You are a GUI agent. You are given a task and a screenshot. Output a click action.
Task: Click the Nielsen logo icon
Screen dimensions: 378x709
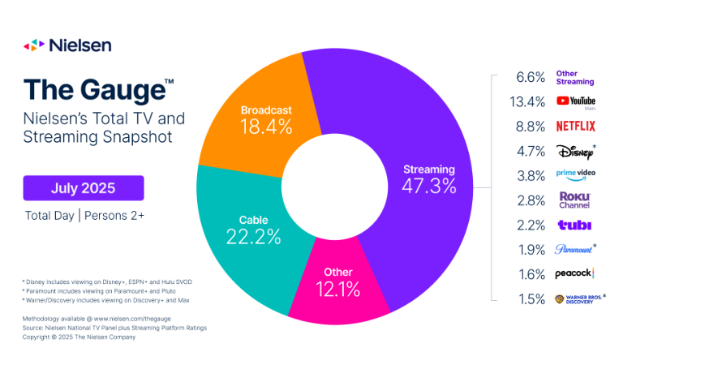coord(33,45)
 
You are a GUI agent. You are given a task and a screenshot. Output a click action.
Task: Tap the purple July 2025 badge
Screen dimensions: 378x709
coord(84,188)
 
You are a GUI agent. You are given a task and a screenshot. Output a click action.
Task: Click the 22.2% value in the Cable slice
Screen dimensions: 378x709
coord(254,237)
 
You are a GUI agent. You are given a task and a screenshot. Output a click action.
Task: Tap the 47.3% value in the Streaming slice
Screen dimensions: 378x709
coord(429,186)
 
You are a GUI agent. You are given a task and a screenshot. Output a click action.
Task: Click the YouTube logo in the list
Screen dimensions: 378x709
coord(576,101)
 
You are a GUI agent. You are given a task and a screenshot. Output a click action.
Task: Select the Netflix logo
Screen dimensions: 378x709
coord(575,126)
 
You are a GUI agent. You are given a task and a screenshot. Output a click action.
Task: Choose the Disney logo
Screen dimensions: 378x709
coord(575,150)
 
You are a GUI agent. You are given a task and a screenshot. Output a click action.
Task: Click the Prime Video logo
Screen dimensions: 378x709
coord(575,174)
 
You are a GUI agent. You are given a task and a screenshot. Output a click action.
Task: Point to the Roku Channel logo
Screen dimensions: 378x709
coord(575,200)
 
